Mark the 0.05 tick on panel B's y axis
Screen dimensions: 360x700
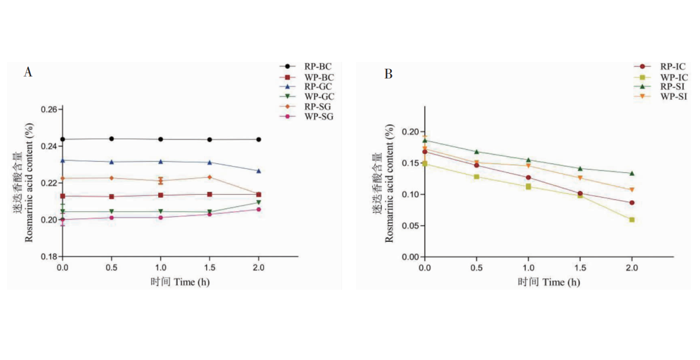(411, 226)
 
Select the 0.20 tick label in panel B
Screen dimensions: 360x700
(411, 132)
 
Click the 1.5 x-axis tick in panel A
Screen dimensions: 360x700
(209, 267)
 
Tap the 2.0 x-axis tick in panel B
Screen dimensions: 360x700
(632, 268)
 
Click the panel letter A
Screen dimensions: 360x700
(28, 72)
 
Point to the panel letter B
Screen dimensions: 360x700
(388, 74)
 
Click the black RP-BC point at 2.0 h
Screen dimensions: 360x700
(258, 140)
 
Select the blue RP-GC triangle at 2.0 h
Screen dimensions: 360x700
(258, 171)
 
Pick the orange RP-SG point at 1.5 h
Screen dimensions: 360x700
(209, 177)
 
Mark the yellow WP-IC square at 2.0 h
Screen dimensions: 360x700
(632, 220)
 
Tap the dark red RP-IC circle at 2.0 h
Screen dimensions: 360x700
(632, 203)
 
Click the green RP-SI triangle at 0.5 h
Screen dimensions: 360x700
(476, 152)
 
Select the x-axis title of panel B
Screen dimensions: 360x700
(548, 282)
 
